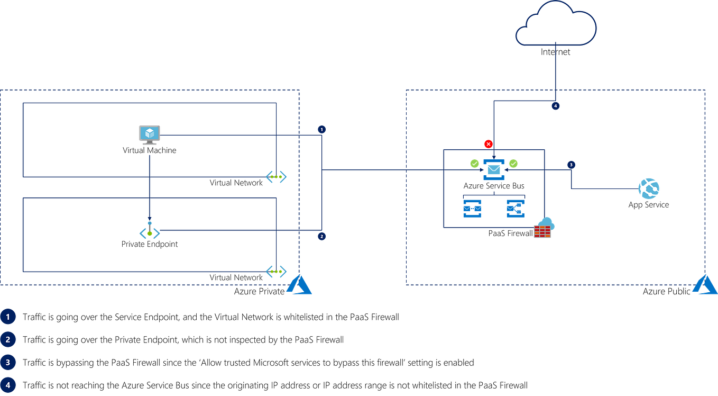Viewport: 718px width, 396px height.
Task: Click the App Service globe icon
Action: coord(649,188)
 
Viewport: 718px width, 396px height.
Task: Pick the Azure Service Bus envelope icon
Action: coord(493,169)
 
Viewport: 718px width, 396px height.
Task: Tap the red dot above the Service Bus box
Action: coord(488,143)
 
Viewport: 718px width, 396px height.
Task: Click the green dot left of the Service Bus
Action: coord(474,163)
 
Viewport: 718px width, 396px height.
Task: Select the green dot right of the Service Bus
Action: coord(513,163)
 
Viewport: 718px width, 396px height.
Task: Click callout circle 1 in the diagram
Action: coord(322,129)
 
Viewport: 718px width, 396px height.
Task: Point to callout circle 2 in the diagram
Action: coord(322,236)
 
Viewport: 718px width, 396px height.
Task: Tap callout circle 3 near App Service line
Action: coord(571,165)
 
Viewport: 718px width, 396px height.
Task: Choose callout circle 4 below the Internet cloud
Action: coord(555,106)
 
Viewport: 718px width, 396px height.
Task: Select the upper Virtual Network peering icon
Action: coord(276,177)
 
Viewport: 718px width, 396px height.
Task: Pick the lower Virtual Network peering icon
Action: coord(276,272)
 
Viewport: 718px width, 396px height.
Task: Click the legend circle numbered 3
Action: coord(8,363)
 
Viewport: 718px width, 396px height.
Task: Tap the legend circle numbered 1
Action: coord(8,317)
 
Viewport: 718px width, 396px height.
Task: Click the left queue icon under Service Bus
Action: coord(472,208)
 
